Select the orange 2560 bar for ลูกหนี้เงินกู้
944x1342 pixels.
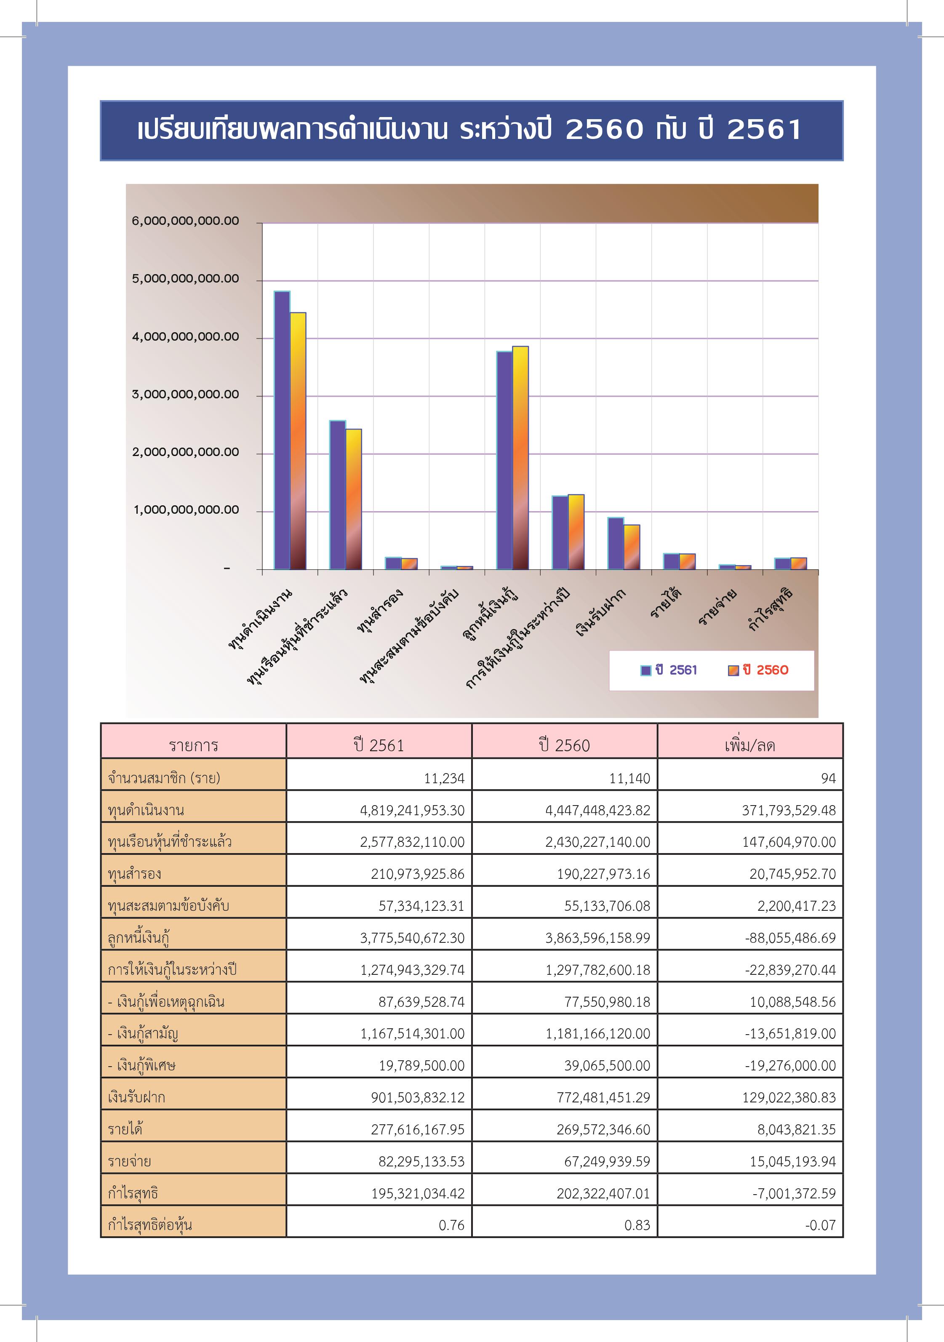(520, 458)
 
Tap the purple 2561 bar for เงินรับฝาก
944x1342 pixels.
(616, 544)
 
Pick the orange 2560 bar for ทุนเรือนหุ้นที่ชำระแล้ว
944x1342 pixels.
(354, 499)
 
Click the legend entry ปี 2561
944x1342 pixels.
(669, 670)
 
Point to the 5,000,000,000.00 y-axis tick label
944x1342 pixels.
(185, 279)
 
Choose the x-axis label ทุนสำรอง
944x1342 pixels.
(380, 611)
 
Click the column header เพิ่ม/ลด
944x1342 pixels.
(750, 745)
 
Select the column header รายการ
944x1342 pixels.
(194, 746)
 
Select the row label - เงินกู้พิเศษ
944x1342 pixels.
(141, 1065)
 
